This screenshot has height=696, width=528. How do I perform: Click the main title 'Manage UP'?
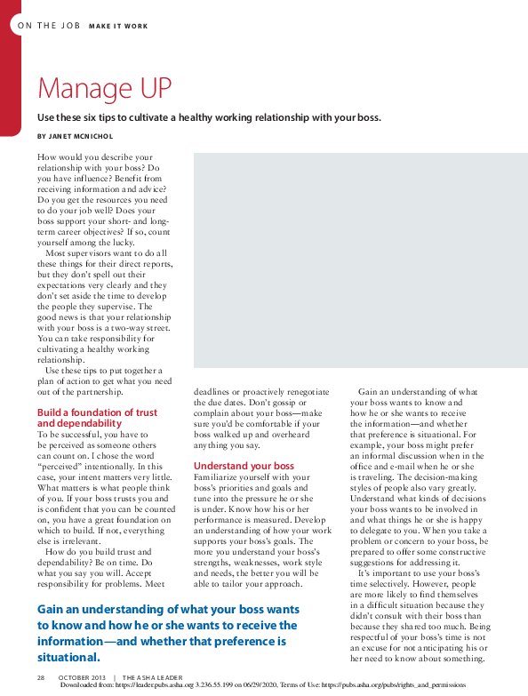tap(104, 89)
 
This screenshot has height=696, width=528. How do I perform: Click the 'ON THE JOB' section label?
tap(49, 26)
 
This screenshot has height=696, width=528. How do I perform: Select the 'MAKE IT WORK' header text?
tap(119, 26)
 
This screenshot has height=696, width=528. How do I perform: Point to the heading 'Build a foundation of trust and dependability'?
tap(97, 418)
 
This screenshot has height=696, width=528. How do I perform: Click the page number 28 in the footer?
tap(41, 677)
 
